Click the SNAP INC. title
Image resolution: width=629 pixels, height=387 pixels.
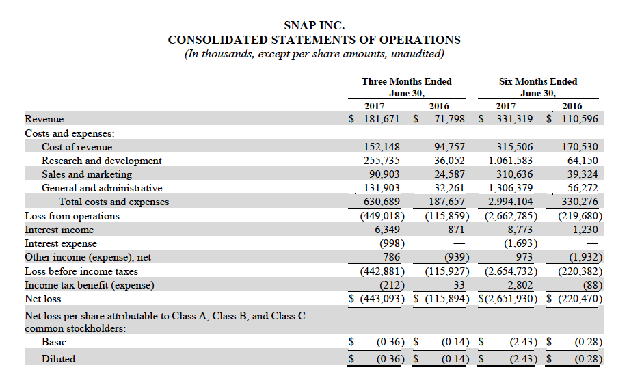click(x=314, y=25)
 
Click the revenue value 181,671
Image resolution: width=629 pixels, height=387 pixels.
click(x=382, y=119)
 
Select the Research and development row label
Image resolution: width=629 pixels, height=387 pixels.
click(x=101, y=161)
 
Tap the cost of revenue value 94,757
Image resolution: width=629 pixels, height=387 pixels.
click(x=449, y=147)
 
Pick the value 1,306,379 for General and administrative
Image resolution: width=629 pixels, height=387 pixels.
click(x=510, y=187)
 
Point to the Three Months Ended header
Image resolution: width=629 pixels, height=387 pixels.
click(x=406, y=81)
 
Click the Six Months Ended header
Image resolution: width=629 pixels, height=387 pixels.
click(x=538, y=81)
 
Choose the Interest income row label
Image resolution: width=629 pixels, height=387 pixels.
click(x=59, y=230)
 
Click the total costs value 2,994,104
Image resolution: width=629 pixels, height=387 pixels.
click(x=510, y=201)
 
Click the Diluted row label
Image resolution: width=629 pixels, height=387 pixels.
click(x=58, y=358)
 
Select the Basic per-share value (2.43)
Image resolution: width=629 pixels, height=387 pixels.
click(x=523, y=342)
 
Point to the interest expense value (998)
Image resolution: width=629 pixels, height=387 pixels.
click(x=392, y=243)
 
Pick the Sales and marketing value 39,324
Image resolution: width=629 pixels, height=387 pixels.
click(x=583, y=174)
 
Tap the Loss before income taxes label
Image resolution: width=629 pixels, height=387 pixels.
click(x=81, y=271)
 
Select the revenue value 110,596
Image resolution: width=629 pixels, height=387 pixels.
click(x=580, y=119)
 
